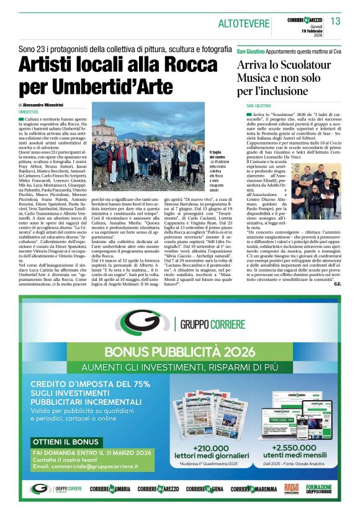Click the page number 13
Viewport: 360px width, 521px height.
[335, 22]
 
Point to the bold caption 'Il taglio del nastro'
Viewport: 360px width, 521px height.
[217, 154]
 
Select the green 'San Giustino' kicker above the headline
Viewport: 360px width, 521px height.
[251, 48]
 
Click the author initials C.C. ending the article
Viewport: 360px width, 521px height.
[337, 284]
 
